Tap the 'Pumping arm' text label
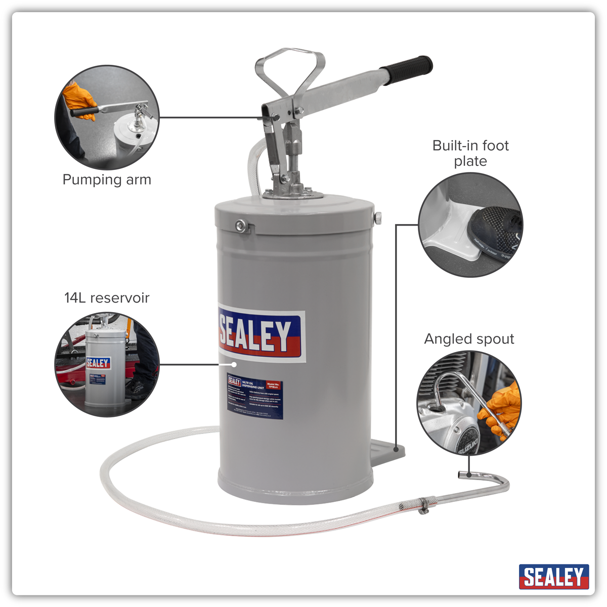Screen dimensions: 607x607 coord(107,180)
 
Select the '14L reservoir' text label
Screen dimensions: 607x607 coord(107,297)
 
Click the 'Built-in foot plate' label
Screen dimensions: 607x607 coord(470,153)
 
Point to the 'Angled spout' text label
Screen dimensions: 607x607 coord(469,339)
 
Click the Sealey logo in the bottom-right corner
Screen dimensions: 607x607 coord(553,577)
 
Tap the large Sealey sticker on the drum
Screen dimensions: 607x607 coord(262,334)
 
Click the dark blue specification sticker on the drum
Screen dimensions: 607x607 coord(255,398)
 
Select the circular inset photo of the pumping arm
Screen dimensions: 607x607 coord(107,118)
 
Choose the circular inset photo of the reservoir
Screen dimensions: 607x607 coord(107,364)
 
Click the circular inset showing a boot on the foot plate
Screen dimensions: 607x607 coord(470,225)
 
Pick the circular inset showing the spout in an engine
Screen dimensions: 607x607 coord(469,403)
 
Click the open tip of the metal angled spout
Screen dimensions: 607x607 coord(461,475)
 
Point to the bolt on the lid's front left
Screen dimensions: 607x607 coord(241,226)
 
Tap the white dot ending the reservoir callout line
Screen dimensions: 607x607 coord(234,364)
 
